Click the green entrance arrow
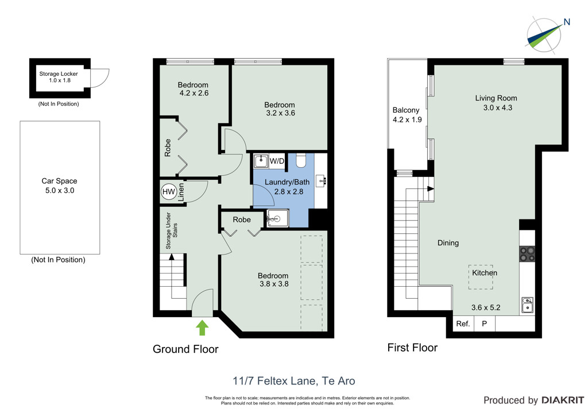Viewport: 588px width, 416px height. (202, 327)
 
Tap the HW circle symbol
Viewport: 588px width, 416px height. (169, 192)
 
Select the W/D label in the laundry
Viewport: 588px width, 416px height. (277, 161)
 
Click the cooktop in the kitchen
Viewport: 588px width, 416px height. (527, 253)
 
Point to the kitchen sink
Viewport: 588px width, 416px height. (527, 305)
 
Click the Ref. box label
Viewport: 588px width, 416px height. (463, 323)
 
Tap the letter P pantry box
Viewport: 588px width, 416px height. (484, 323)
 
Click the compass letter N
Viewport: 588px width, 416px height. (567, 22)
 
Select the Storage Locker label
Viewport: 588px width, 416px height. (59, 74)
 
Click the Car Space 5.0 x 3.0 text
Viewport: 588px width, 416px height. (59, 186)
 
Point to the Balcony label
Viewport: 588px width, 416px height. (406, 110)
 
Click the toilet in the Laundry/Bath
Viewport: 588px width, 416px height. (301, 160)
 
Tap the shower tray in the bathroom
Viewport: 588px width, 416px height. (277, 218)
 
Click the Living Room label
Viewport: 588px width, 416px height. (496, 98)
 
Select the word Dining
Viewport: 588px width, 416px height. (448, 243)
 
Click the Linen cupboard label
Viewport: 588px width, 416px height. (181, 192)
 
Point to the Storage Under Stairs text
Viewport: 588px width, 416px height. (171, 230)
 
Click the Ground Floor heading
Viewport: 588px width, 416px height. (185, 349)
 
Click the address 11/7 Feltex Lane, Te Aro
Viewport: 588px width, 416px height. (293, 381)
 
